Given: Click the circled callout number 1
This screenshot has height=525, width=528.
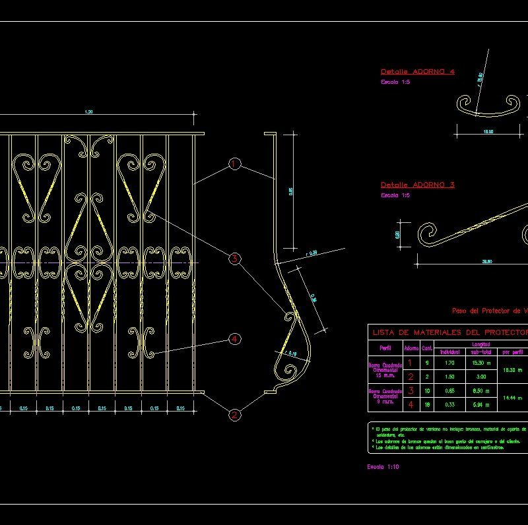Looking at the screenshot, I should [x=234, y=164].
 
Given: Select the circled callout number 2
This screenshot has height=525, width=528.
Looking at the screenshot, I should [x=234, y=415].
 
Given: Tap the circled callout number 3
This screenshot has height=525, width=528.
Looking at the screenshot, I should [x=234, y=259].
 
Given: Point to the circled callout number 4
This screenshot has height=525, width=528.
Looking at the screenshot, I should [x=234, y=339].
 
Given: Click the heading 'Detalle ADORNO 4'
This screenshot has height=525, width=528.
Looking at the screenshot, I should [x=417, y=71].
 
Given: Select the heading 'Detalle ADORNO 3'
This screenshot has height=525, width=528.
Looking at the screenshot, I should [x=417, y=185].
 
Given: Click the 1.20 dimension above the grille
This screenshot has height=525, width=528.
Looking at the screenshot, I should [x=89, y=113].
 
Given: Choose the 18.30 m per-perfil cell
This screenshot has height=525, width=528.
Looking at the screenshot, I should [x=513, y=370].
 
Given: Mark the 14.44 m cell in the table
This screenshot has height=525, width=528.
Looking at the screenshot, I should [x=513, y=398].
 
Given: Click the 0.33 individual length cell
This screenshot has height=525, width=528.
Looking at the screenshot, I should [x=449, y=404].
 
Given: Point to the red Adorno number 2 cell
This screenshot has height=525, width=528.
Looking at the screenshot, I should [x=411, y=377].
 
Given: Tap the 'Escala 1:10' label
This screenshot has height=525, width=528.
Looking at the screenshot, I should [x=383, y=466].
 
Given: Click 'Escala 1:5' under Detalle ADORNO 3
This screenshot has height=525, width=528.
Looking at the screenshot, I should [x=395, y=195].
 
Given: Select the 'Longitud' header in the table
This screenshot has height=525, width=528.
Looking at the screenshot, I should [x=480, y=344].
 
